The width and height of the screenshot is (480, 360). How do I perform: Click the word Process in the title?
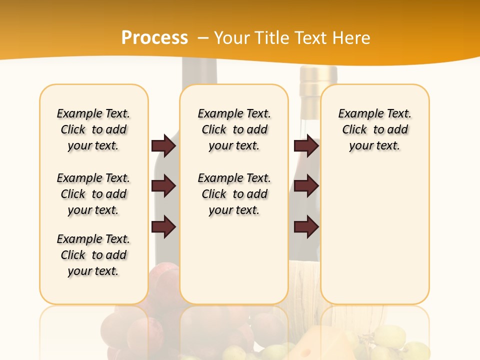tap(154, 38)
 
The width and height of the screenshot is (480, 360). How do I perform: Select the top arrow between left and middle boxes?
tap(163, 146)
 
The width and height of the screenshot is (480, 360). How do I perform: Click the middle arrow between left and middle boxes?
tap(163, 186)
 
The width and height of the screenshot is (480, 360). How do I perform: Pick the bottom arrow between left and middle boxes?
tap(163, 226)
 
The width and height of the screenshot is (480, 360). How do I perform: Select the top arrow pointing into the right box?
tap(306, 146)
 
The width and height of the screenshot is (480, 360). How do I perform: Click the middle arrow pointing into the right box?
tap(306, 186)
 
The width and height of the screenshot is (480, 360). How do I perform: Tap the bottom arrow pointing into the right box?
tap(306, 226)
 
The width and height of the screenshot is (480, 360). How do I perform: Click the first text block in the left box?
tap(93, 129)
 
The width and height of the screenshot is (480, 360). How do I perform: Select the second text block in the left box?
tap(93, 194)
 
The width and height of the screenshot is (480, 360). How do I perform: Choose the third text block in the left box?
tap(93, 255)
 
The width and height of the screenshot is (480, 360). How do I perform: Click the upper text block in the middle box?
tap(234, 129)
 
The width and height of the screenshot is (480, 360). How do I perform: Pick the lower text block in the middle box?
tap(234, 194)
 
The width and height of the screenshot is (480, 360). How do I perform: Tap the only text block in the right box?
tap(374, 129)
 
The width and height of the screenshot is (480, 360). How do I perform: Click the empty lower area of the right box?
tap(374, 240)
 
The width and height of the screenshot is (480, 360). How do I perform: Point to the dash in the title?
tap(203, 38)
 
